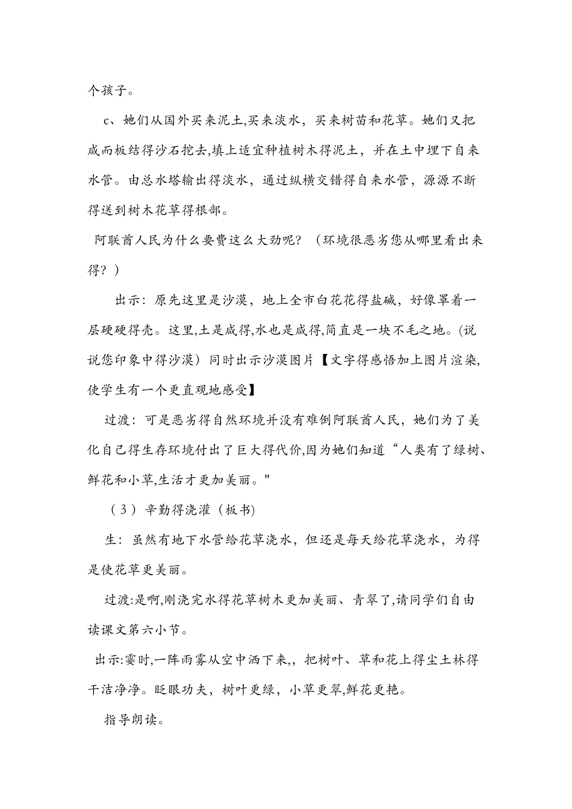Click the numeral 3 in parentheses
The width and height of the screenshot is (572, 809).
[123, 510]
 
